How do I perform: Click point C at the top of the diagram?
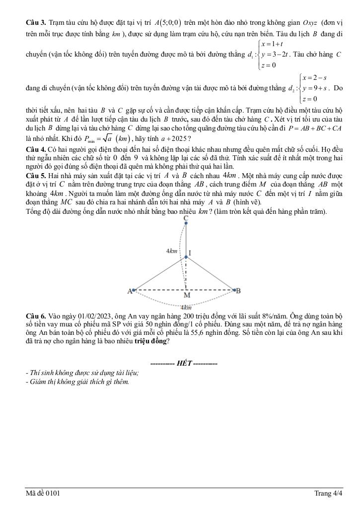tap(186, 218)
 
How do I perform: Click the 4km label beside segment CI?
tap(172, 252)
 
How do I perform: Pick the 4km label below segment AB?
tap(186, 308)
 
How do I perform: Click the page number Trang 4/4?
tap(328, 493)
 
